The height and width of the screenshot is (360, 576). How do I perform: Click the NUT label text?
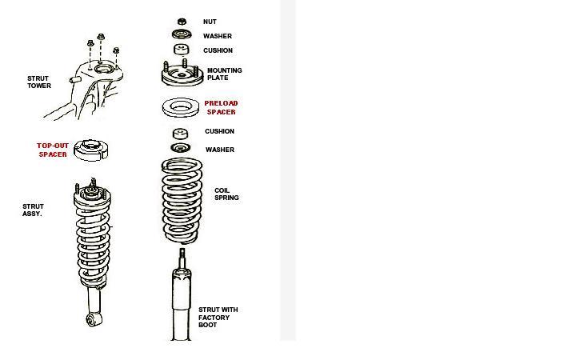[x=210, y=22]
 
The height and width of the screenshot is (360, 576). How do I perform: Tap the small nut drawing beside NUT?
[x=182, y=22]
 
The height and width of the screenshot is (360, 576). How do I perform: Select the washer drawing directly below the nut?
[x=182, y=34]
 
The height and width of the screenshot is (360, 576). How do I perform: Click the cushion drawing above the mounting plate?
[x=182, y=50]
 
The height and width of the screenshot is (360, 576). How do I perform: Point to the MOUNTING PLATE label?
[x=225, y=74]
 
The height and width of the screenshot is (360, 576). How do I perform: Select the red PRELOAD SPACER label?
[x=221, y=108]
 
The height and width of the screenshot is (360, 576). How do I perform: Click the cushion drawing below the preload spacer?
[x=180, y=133]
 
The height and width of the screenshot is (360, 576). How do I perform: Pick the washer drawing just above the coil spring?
[x=180, y=148]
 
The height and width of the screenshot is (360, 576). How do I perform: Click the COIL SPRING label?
[x=226, y=194]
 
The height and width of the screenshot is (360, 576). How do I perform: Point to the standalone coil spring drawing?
[x=182, y=201]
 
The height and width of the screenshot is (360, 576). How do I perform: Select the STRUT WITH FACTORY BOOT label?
[x=218, y=318]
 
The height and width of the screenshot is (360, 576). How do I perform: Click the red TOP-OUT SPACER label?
[x=53, y=150]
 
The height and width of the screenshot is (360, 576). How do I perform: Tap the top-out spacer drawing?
[x=90, y=150]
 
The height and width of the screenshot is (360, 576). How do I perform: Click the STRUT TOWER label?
[x=39, y=82]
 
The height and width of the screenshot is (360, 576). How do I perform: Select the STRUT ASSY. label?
[x=33, y=210]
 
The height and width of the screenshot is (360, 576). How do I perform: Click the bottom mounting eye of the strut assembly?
[x=93, y=319]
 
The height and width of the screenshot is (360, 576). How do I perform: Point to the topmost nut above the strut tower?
[x=101, y=37]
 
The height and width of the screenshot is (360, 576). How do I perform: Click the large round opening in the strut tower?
[x=104, y=69]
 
